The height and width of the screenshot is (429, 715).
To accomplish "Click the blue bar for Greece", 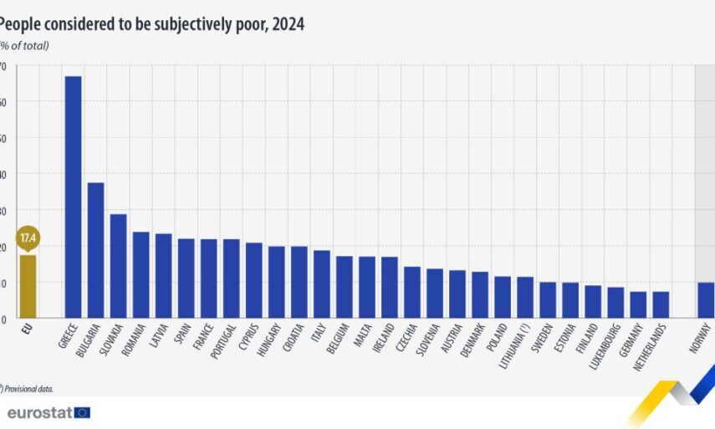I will click(73, 197).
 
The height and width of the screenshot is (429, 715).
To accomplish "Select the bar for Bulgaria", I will click(95, 251).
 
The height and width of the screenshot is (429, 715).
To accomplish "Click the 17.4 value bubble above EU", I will click(28, 238).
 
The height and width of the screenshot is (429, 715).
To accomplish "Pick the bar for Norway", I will click(706, 301).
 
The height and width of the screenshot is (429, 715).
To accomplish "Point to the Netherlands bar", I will click(661, 305).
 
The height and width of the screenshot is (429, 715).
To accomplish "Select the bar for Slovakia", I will click(118, 267).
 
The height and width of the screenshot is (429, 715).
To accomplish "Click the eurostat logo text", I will click(38, 412).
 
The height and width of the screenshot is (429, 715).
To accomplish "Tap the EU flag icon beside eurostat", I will click(82, 412).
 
